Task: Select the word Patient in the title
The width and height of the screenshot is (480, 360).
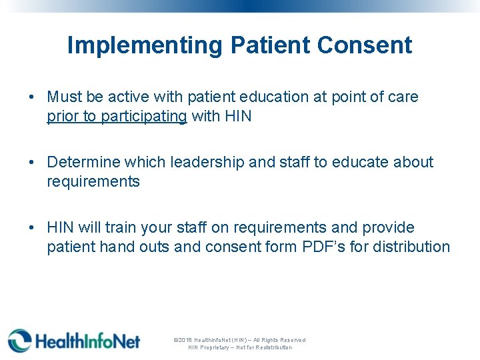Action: click(x=270, y=45)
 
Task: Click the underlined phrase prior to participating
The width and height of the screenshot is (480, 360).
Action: click(x=117, y=117)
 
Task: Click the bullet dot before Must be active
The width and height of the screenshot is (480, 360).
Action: click(x=33, y=97)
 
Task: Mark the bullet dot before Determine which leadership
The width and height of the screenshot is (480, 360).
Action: click(x=33, y=163)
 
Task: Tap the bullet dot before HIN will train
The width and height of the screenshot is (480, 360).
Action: click(x=33, y=228)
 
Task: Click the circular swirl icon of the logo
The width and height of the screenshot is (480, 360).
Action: click(x=19, y=341)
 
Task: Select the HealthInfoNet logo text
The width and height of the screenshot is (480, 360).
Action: click(x=87, y=341)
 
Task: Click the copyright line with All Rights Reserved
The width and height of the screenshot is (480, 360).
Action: click(x=239, y=340)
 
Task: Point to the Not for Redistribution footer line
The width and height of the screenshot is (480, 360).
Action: click(x=239, y=347)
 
